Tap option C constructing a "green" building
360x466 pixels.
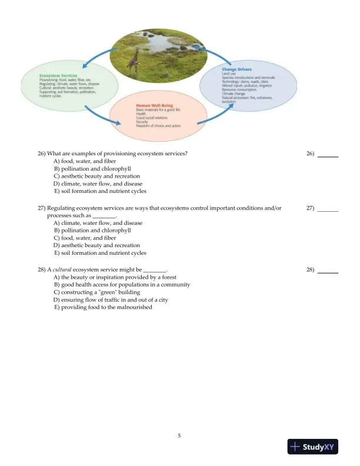pyautogui.click(x=101, y=292)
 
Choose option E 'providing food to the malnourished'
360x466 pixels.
pyautogui.click(x=103, y=307)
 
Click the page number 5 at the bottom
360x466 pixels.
pyautogui.click(x=179, y=436)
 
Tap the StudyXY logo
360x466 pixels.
pyautogui.click(x=311, y=447)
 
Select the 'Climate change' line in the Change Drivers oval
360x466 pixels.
pyautogui.click(x=234, y=94)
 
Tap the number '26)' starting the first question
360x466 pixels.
pyautogui.click(x=42, y=154)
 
